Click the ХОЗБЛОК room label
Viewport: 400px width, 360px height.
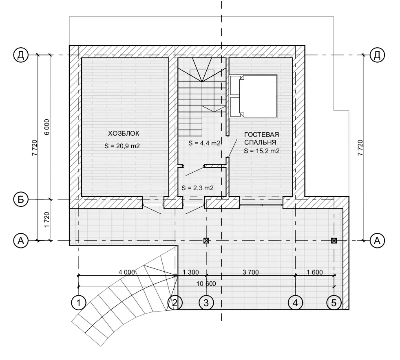tap(124, 134)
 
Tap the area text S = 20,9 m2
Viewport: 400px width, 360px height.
tap(122, 146)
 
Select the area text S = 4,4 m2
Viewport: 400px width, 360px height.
tap(204, 143)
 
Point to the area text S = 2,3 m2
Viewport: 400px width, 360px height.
tap(197, 188)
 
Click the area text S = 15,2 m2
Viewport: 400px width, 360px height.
tap(262, 151)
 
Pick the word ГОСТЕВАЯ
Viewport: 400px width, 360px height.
tap(261, 134)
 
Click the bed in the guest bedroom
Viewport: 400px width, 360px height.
tap(253, 96)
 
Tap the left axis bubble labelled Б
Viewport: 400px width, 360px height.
tap(21, 200)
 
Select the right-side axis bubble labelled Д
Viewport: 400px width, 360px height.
tap(377, 55)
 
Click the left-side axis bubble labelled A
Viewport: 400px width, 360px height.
tap(21, 241)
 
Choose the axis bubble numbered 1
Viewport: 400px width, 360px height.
tap(79, 303)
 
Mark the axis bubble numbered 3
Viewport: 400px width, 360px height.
tap(206, 303)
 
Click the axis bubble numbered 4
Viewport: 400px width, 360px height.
tap(295, 303)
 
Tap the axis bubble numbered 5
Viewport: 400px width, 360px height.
tap(334, 303)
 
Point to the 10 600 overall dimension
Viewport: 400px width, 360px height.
tap(206, 283)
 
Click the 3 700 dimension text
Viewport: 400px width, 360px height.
tap(250, 272)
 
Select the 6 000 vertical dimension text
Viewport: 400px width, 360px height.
tap(47, 127)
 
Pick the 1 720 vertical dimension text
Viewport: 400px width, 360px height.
tap(47, 220)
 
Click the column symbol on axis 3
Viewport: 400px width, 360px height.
tap(206, 241)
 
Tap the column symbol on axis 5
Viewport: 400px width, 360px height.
tap(334, 241)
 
